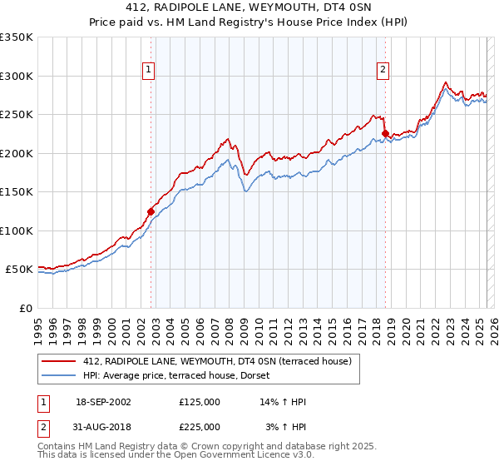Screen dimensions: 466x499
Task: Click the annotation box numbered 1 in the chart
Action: pos(147,71)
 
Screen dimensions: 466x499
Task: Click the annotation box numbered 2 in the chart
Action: pos(383,71)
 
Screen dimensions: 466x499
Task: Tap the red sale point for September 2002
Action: pos(151,211)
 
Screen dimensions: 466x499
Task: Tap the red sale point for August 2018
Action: pos(385,133)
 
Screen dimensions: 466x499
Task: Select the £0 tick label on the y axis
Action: pos(25,309)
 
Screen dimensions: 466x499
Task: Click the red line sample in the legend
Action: pos(59,361)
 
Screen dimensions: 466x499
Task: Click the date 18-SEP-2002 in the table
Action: pos(103,402)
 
